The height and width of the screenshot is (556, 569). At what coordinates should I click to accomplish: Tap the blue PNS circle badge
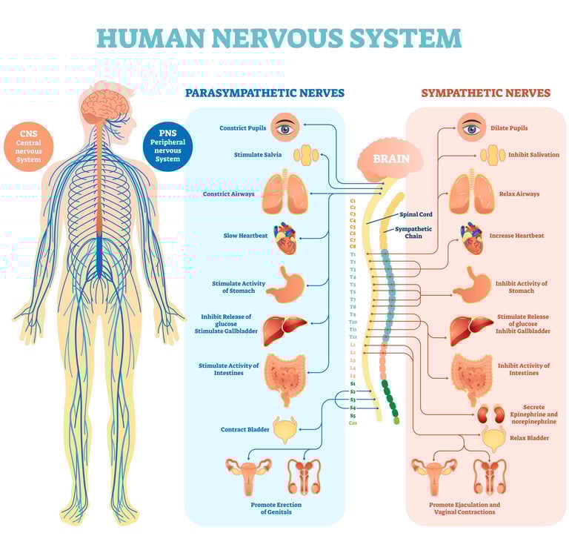(x=167, y=143)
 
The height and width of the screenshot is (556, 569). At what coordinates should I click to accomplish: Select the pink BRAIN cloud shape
(x=389, y=159)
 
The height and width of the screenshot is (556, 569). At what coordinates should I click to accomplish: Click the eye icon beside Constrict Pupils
(x=284, y=128)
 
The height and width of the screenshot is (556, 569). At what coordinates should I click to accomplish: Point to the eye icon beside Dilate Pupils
(x=471, y=128)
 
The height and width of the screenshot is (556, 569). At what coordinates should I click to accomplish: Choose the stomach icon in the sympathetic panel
(x=472, y=282)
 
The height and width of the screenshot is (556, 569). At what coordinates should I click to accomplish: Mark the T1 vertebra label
(x=353, y=254)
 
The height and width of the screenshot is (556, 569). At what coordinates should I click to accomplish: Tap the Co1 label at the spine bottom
(x=353, y=423)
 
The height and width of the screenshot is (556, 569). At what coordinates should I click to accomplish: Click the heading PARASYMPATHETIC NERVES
(x=264, y=93)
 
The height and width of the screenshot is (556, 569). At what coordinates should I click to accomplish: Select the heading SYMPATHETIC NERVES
(x=485, y=93)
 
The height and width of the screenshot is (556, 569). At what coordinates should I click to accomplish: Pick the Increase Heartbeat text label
(x=516, y=236)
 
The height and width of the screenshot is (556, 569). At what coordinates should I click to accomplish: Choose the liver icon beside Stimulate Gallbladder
(x=284, y=325)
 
